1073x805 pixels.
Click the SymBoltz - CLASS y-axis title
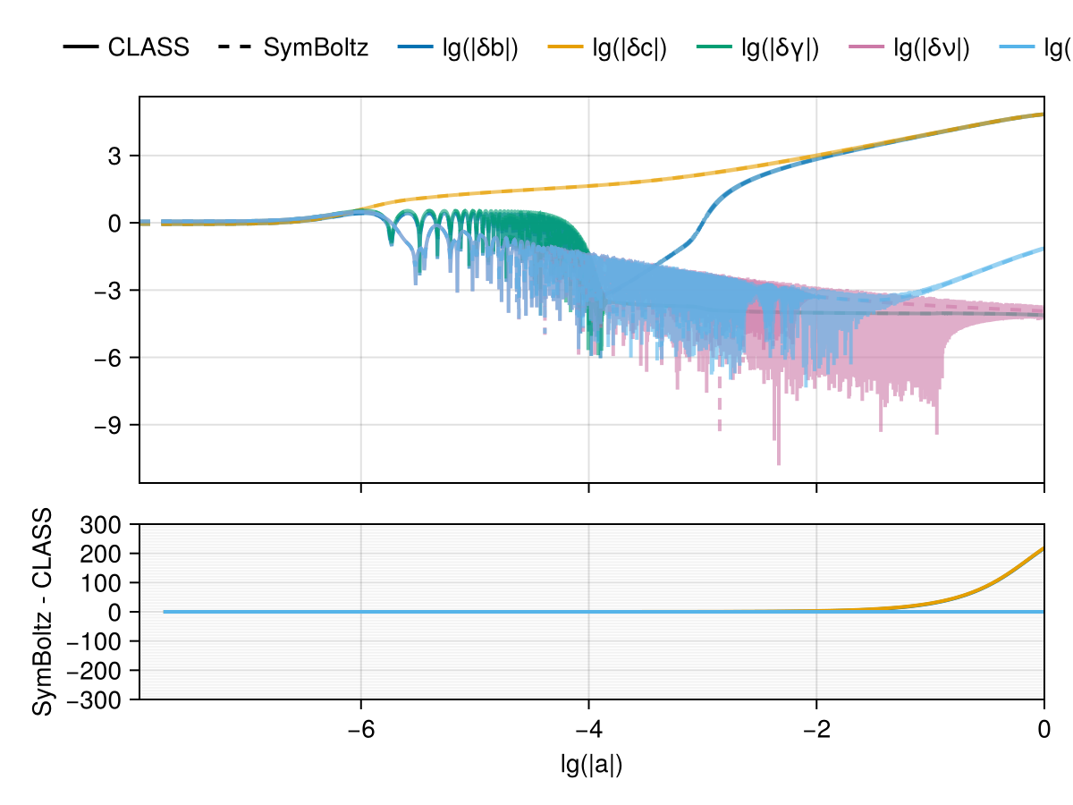click(x=41, y=612)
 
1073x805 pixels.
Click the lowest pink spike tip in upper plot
click(x=779, y=463)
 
